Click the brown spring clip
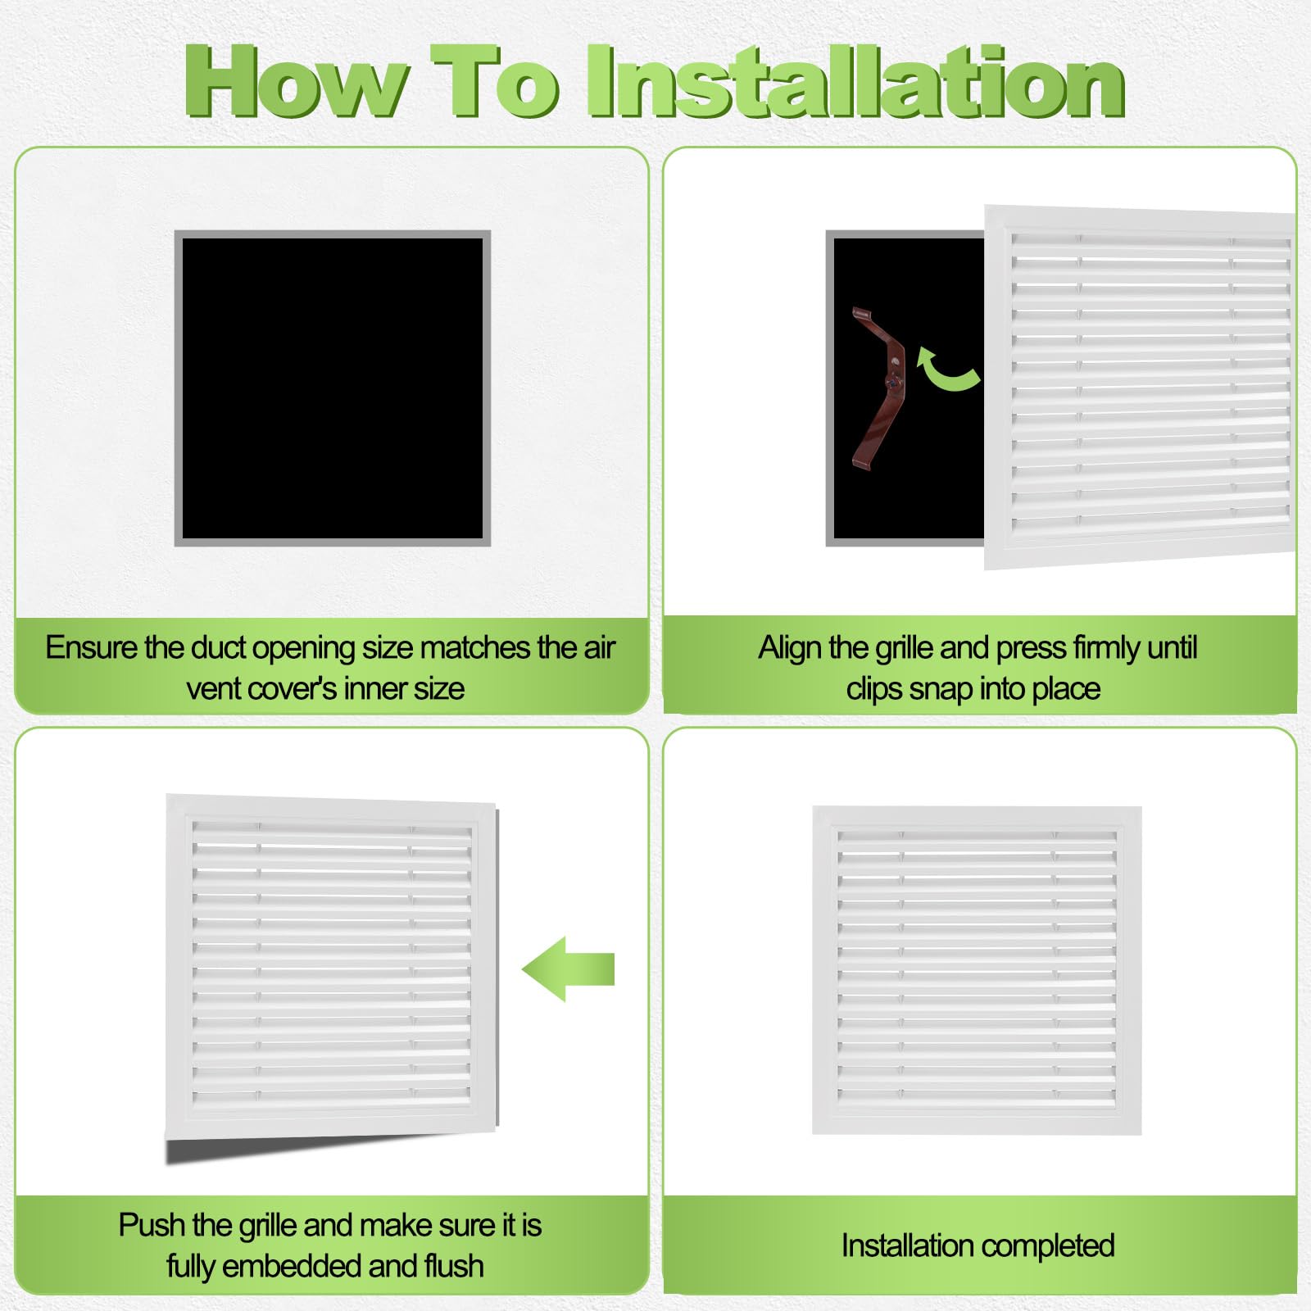point(878,388)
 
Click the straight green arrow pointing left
point(568,969)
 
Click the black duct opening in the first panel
point(333,388)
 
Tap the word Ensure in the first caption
point(91,647)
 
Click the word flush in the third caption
point(454,1266)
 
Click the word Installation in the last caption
point(905,1245)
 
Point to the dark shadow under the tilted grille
point(328,1146)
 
